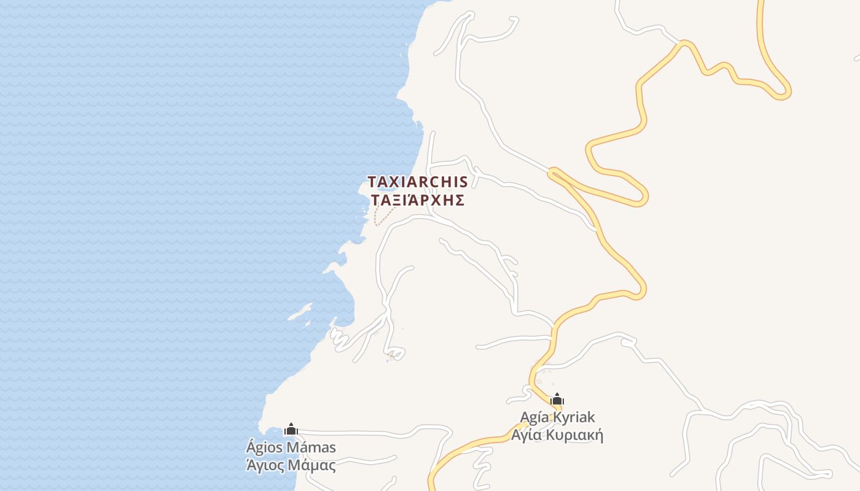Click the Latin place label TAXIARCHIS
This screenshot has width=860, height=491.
(x=418, y=182)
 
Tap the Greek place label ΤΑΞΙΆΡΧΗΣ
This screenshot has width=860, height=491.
(x=418, y=201)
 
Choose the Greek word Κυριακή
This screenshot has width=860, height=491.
(x=576, y=436)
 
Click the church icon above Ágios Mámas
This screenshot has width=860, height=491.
(x=291, y=429)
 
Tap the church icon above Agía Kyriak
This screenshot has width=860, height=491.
(x=557, y=399)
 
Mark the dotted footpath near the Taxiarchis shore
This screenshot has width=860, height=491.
(x=384, y=217)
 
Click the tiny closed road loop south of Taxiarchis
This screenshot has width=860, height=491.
(x=397, y=354)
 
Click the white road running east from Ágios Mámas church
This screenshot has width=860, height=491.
(x=369, y=433)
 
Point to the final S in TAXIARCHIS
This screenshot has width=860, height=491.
(x=463, y=182)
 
